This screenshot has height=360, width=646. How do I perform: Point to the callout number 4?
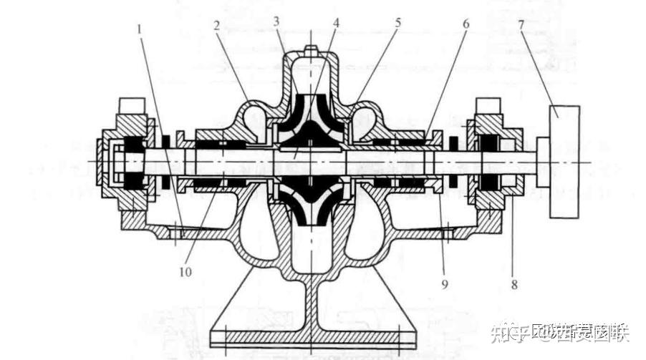pyautogui.click(x=336, y=23)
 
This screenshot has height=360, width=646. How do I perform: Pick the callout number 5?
pyautogui.click(x=397, y=23)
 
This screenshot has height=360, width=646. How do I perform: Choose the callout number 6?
pyautogui.click(x=466, y=23)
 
